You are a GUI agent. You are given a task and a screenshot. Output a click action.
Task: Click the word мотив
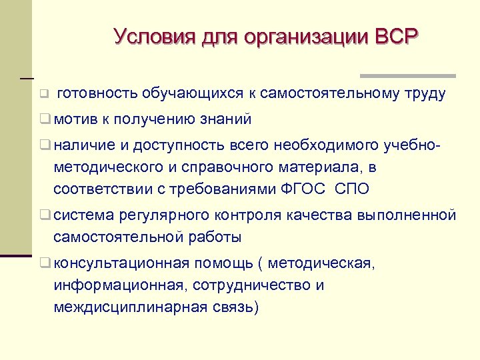[75, 119]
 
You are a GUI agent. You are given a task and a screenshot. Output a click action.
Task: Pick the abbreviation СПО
[352, 189]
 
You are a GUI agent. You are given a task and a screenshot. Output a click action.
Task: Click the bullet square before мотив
[45, 120]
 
